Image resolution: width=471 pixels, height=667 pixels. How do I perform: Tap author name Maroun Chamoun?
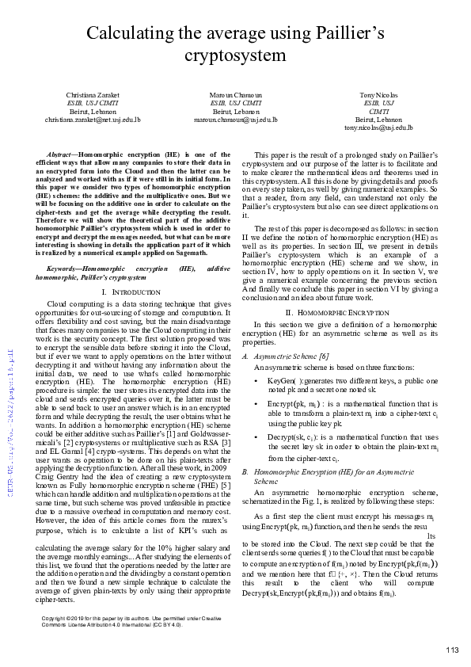point(236,94)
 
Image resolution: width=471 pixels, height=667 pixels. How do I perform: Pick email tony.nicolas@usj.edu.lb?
point(378,127)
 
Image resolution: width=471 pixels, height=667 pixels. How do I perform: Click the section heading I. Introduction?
point(126,293)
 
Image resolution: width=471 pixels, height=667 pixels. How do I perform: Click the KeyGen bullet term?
point(283,381)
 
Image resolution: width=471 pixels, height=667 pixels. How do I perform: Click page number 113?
point(451,650)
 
